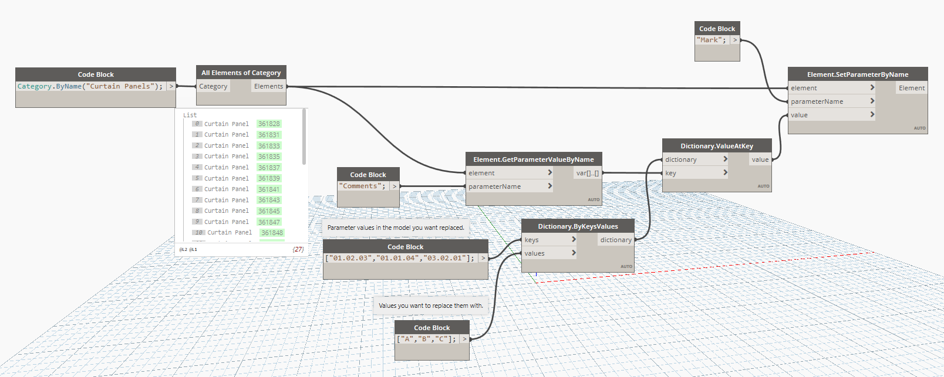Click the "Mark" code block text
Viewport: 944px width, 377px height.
point(712,40)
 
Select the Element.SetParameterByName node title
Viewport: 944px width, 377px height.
point(857,74)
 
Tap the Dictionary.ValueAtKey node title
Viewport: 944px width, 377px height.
point(716,146)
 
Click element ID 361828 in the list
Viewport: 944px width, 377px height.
point(269,124)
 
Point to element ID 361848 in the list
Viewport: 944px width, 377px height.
point(272,233)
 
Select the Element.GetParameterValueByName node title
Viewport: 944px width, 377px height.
point(533,159)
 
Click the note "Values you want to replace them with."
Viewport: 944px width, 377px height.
point(431,305)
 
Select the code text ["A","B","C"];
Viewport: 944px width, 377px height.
point(427,339)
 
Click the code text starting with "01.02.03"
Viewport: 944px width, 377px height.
point(400,258)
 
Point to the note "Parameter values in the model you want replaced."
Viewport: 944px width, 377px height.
point(396,227)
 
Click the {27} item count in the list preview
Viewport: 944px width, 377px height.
point(298,249)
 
